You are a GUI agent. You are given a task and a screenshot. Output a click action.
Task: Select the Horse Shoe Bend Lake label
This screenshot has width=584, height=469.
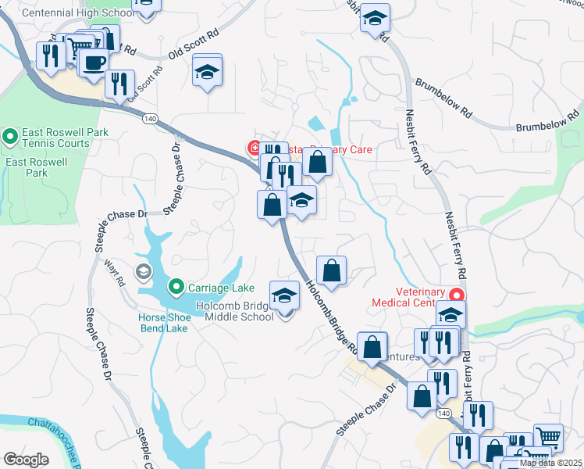(x=163, y=324)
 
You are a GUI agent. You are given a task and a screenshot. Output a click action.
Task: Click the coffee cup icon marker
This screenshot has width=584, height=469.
(x=94, y=63)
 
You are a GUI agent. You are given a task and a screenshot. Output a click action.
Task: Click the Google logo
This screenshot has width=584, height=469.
(x=26, y=459)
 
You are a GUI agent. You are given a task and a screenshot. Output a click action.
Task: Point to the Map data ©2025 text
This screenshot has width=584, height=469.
(x=550, y=463)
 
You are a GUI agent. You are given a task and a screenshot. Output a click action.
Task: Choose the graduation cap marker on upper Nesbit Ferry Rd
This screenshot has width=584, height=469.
(x=375, y=18)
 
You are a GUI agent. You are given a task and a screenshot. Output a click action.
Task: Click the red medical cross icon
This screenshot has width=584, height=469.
(x=254, y=148)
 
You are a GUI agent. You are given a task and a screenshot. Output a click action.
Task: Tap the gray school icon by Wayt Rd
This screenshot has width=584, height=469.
(x=143, y=271)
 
